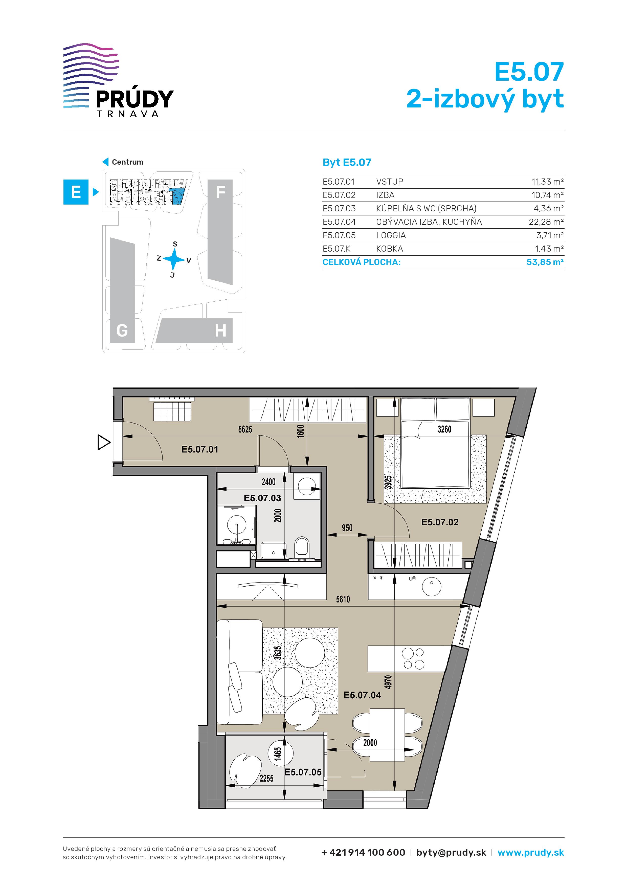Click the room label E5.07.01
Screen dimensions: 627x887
(200, 449)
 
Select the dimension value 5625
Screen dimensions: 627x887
(245, 429)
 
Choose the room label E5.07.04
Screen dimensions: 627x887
(362, 695)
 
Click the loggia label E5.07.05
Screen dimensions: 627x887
(303, 772)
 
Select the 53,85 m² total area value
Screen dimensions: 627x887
(545, 262)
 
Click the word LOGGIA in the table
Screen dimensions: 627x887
(391, 235)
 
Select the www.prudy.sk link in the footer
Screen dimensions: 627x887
(531, 853)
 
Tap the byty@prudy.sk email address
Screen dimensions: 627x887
(451, 853)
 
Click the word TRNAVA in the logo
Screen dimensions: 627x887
(127, 114)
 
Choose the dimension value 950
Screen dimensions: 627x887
(347, 528)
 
